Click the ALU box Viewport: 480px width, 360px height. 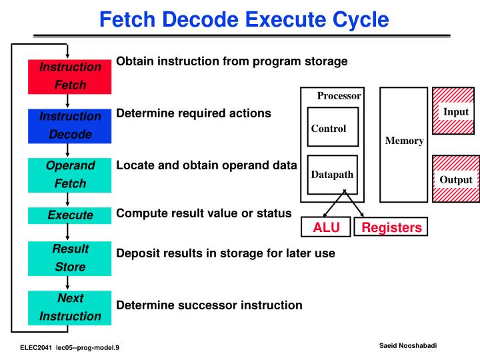click(x=327, y=228)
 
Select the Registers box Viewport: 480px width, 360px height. click(x=391, y=228)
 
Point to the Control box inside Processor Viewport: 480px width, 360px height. click(x=333, y=129)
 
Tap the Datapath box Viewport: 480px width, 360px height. click(x=333, y=175)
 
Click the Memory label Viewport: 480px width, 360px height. click(x=404, y=141)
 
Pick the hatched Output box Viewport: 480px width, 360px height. click(x=456, y=179)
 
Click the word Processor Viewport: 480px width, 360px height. click(x=339, y=96)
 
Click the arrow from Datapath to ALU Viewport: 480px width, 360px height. click(x=335, y=204)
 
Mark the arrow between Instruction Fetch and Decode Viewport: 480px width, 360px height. click(x=68, y=101)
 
